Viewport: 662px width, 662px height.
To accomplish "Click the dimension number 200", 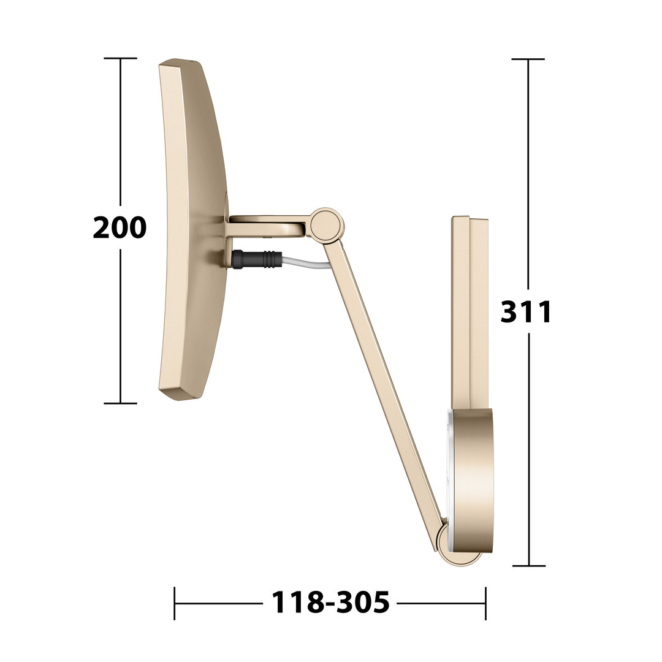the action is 120,227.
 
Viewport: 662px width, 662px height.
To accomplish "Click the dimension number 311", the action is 526,312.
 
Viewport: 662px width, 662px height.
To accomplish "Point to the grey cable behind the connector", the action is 306,264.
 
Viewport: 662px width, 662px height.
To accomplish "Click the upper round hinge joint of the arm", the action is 325,224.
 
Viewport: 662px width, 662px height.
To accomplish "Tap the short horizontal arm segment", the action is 268,224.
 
